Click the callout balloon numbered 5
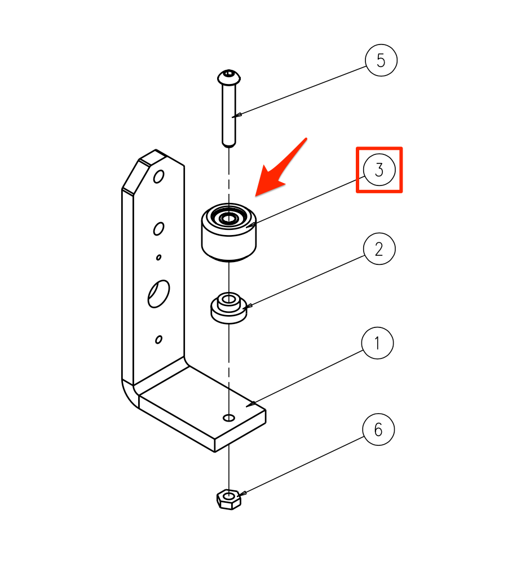(x=381, y=60)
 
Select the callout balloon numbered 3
(x=379, y=170)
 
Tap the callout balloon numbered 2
(x=379, y=249)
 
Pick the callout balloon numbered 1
(x=377, y=343)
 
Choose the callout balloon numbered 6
(x=378, y=429)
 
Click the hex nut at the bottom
(x=228, y=499)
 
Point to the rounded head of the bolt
(x=228, y=77)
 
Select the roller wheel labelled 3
(x=228, y=232)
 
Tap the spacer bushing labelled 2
(x=228, y=308)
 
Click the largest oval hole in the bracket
(x=158, y=294)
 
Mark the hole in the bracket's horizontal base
(x=229, y=418)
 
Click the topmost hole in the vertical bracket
(x=159, y=177)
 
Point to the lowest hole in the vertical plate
(x=159, y=339)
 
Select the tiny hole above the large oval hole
(x=159, y=258)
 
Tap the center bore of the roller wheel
(x=228, y=219)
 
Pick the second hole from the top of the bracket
(x=158, y=229)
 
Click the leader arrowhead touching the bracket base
(x=251, y=404)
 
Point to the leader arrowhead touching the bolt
(x=237, y=116)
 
